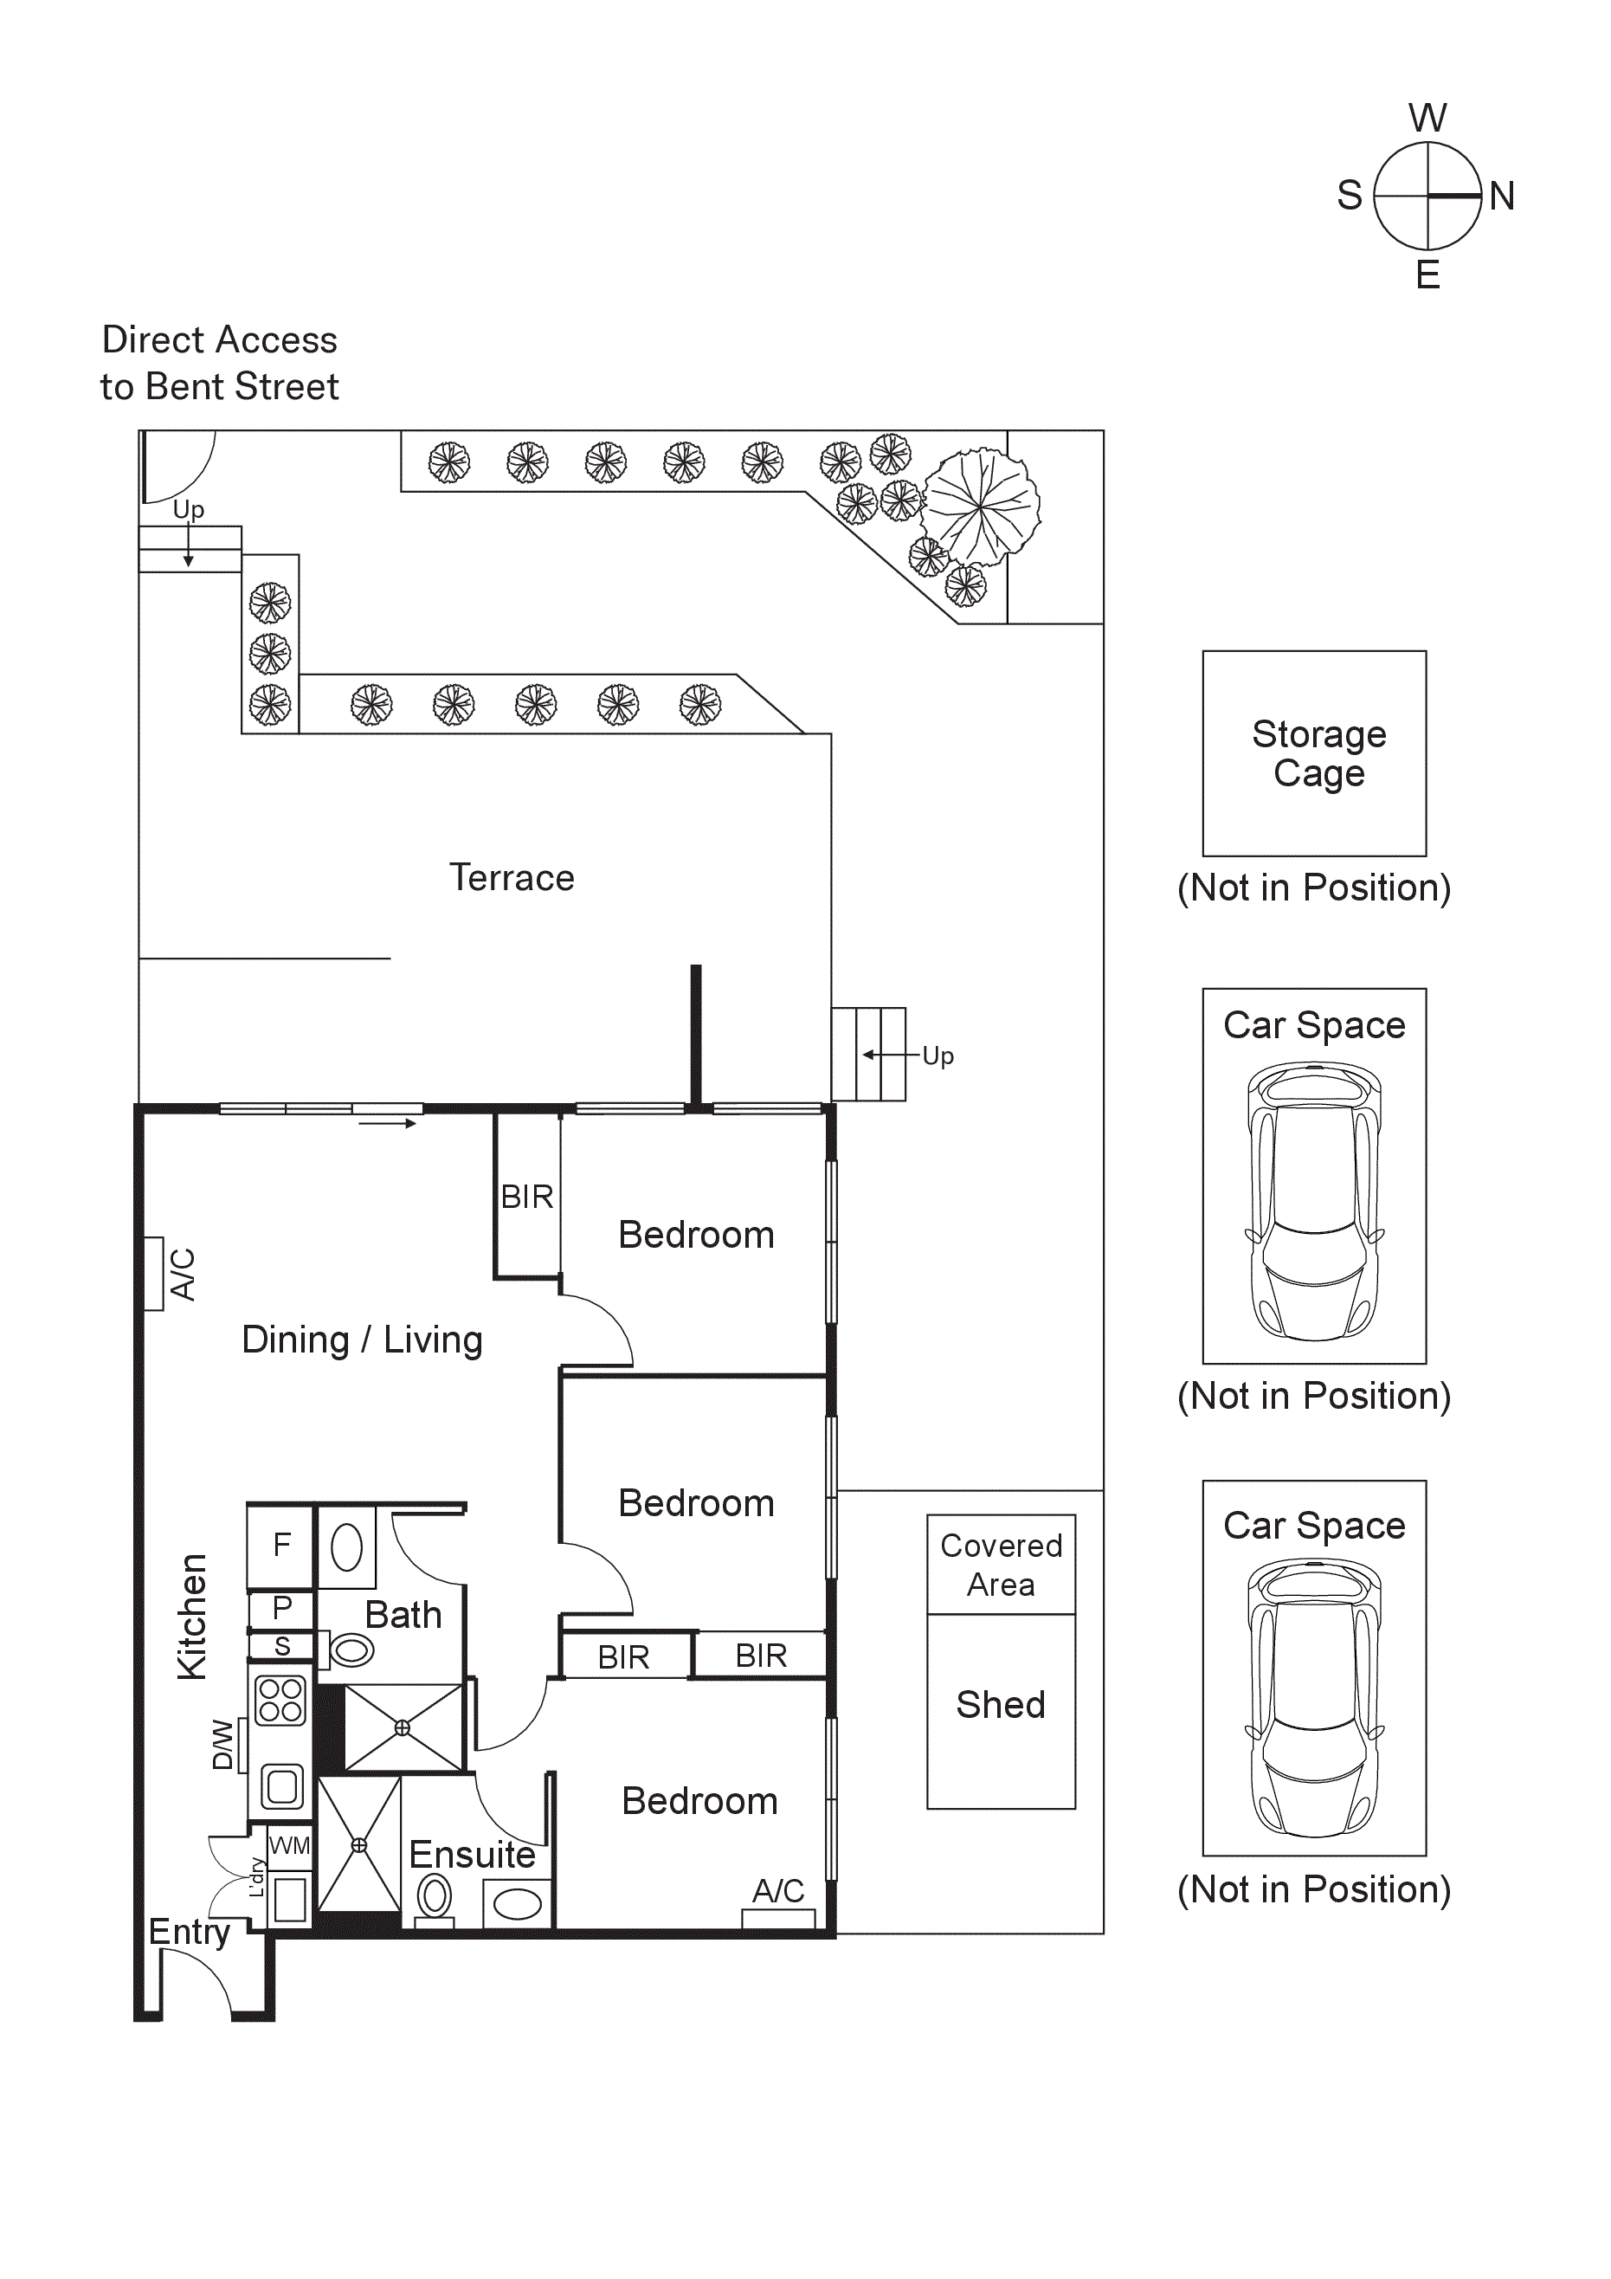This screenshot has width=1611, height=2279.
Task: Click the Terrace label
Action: click(x=512, y=877)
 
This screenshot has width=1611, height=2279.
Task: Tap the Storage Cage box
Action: click(x=1313, y=753)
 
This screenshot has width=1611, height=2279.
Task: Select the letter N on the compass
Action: click(x=1501, y=196)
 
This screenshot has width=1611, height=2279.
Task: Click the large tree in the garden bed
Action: click(x=980, y=507)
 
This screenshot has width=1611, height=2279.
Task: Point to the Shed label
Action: click(x=1000, y=1704)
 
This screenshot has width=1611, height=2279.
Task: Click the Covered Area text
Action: click(x=1001, y=1565)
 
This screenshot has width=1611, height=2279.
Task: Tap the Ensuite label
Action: click(x=472, y=1854)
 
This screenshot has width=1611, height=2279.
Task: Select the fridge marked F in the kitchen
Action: click(x=282, y=1545)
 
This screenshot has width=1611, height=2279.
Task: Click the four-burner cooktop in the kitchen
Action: click(x=280, y=1701)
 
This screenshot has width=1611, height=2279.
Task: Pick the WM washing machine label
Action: click(x=289, y=1846)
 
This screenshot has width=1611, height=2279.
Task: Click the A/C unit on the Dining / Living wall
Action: click(x=155, y=1274)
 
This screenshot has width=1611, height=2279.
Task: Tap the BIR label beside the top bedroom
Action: click(x=527, y=1196)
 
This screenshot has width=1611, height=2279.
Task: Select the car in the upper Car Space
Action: click(x=1313, y=1201)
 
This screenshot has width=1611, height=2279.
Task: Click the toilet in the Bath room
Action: click(x=351, y=1650)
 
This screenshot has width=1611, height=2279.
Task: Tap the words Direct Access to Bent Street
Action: click(x=219, y=362)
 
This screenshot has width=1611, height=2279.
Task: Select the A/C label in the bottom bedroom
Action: click(x=777, y=1891)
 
